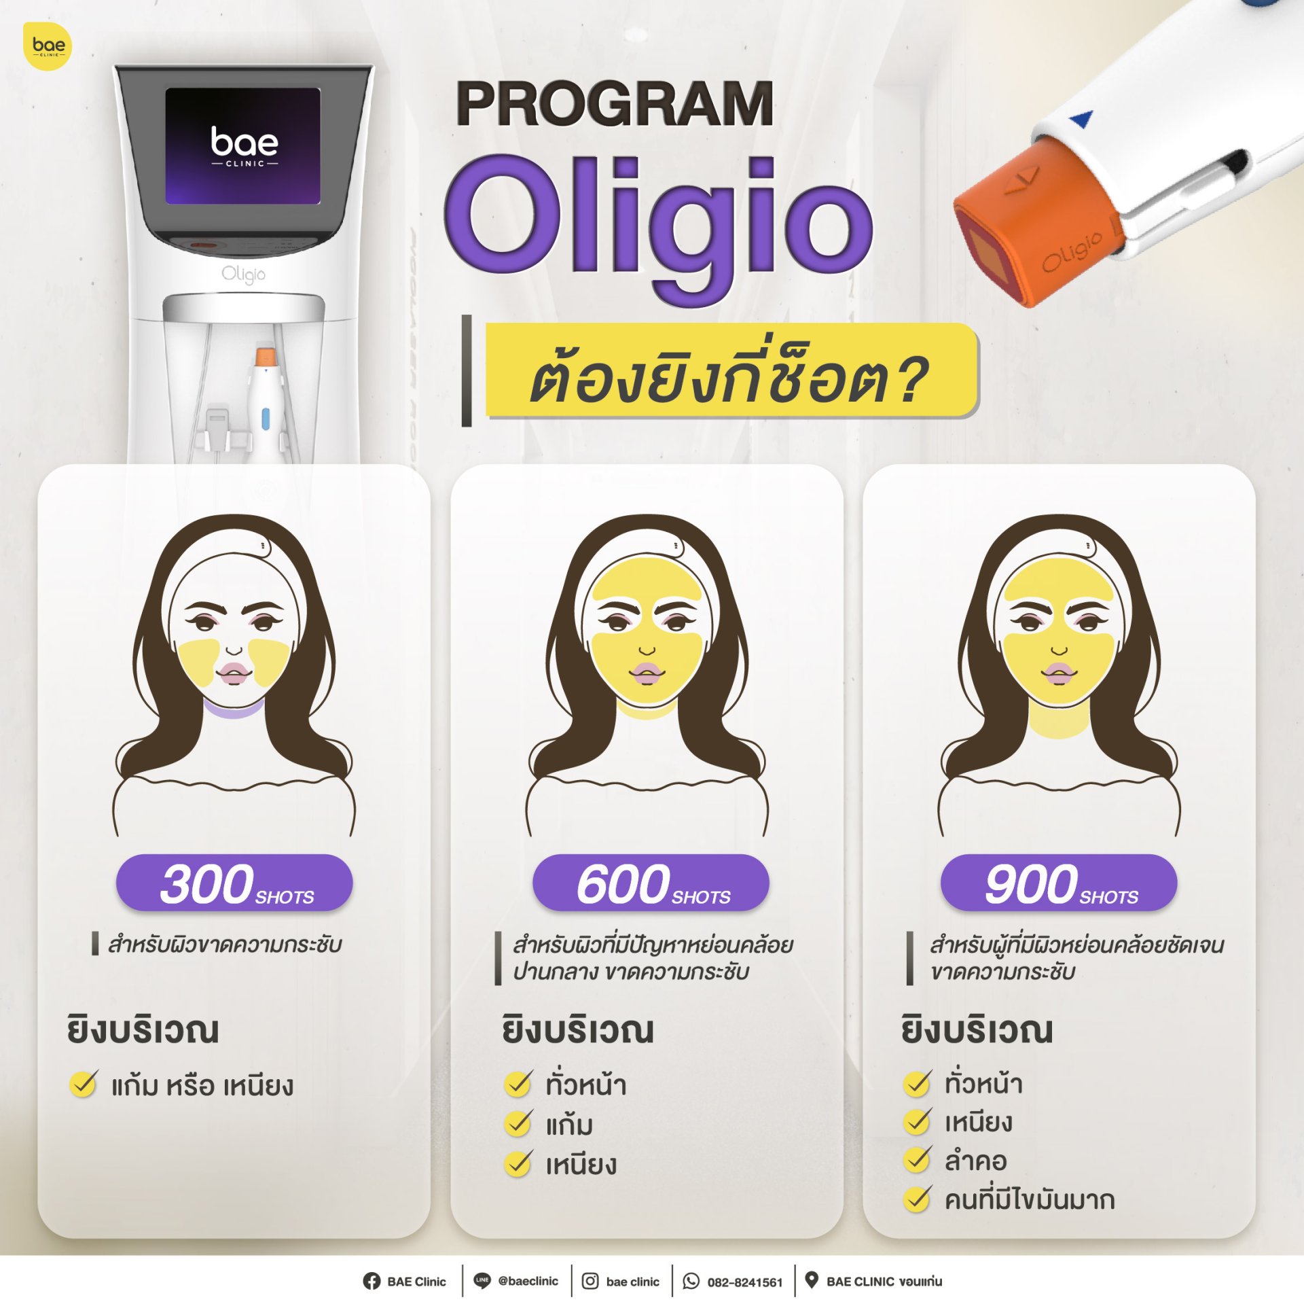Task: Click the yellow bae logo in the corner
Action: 48,46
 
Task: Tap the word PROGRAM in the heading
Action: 615,104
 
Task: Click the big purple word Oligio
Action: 658,224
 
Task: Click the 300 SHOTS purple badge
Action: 234,882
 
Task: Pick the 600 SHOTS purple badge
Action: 651,882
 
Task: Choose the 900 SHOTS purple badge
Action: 1058,882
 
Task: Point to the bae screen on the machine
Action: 242,146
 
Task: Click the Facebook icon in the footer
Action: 372,1281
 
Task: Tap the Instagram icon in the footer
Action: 590,1281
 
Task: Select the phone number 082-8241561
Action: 745,1282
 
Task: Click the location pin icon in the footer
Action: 811,1280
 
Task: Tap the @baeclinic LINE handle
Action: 528,1281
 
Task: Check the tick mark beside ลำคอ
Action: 917,1160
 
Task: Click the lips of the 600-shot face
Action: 647,673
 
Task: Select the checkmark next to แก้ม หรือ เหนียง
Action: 84,1085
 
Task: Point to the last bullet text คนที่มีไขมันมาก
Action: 1030,1199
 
